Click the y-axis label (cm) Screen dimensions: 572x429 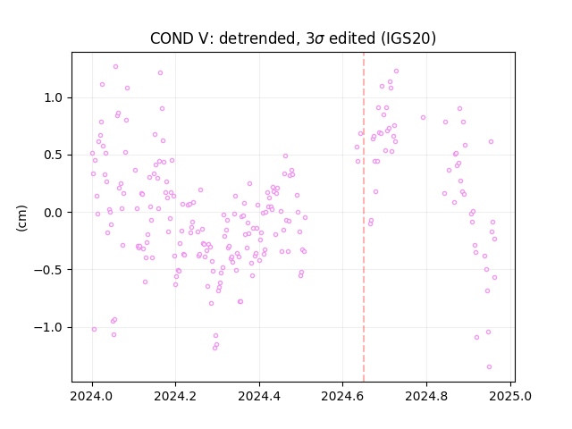[x=21, y=218]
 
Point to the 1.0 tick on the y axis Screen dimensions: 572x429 [x=54, y=97]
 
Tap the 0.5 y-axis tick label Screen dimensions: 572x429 [x=54, y=155]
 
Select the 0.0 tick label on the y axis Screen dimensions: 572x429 [x=54, y=213]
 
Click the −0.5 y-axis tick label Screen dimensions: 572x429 [x=49, y=270]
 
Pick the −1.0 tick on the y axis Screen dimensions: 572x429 [x=49, y=327]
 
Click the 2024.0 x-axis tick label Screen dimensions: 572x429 [x=92, y=396]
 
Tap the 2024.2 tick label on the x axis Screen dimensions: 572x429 [x=175, y=396]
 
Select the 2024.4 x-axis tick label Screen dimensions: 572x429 [x=259, y=396]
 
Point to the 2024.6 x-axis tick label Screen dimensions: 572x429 [x=342, y=396]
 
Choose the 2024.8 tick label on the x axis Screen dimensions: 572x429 [x=426, y=396]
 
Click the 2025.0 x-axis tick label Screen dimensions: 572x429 [x=510, y=396]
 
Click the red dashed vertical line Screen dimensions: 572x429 [x=364, y=217]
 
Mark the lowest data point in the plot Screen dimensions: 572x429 [x=489, y=367]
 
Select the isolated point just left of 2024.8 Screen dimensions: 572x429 [x=423, y=117]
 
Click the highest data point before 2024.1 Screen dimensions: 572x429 [x=115, y=67]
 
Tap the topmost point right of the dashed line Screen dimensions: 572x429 [x=397, y=71]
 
